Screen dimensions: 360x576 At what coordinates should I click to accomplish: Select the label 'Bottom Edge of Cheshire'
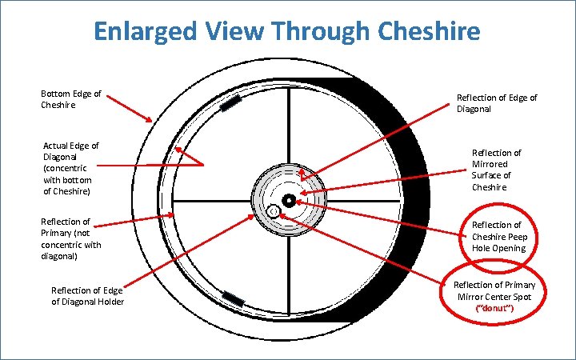click(x=70, y=99)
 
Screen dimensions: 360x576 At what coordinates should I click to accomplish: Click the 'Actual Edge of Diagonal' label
click(x=71, y=169)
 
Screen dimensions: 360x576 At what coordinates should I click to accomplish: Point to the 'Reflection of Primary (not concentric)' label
click(x=71, y=238)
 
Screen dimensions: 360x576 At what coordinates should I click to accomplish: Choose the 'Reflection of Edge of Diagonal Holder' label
click(x=87, y=295)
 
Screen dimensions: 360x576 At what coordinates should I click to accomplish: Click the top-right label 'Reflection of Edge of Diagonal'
click(x=497, y=104)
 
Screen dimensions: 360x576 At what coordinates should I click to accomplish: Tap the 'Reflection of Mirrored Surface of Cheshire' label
click(x=496, y=170)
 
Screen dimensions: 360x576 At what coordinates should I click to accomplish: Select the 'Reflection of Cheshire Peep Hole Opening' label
click(x=497, y=236)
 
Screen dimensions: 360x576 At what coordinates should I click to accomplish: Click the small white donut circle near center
click(x=274, y=211)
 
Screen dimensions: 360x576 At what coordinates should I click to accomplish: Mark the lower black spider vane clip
click(x=233, y=298)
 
